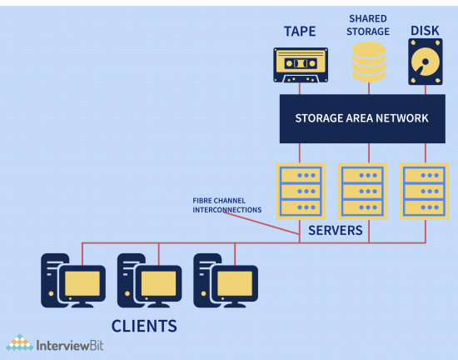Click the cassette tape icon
(300, 65)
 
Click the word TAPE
(300, 31)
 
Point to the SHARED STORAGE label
(369, 25)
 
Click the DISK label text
(425, 31)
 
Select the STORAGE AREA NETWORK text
(361, 118)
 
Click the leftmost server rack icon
(300, 191)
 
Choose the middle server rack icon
(361, 191)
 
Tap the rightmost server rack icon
(423, 191)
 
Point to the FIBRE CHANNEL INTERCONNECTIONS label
(227, 204)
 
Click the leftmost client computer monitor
(84, 285)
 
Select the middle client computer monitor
(160, 285)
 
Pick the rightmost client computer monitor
(236, 285)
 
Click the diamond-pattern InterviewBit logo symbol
(20, 342)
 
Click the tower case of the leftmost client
(52, 277)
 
